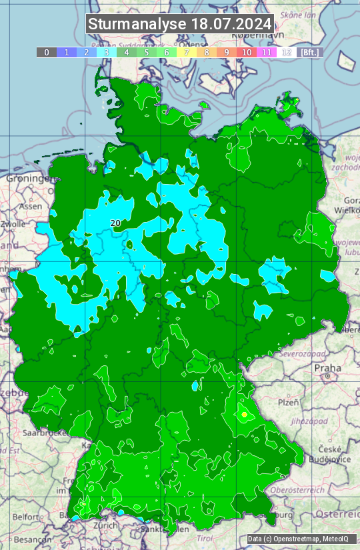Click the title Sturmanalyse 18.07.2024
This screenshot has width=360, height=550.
[180, 24]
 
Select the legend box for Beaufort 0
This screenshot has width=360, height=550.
[46, 52]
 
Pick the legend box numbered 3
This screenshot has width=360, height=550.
[106, 52]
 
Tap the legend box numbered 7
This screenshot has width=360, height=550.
[187, 52]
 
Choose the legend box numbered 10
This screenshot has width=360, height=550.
[247, 52]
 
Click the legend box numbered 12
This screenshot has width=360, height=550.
[287, 52]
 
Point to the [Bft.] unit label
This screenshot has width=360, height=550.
[310, 52]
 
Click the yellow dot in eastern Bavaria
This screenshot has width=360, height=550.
[245, 415]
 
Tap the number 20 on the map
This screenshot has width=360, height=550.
[115, 223]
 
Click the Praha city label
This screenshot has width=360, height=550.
[327, 368]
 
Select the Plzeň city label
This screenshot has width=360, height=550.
[288, 402]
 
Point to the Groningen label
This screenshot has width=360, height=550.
[27, 179]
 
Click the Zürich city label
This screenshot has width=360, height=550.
[106, 525]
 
